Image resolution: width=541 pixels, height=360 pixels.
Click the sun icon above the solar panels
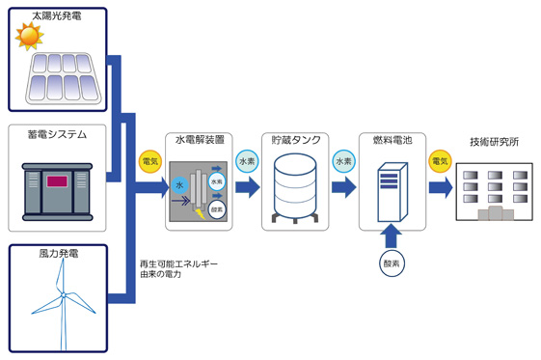click(28, 38)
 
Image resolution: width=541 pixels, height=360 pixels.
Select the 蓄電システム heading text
click(58, 134)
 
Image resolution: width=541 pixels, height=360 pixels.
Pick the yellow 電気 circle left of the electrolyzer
click(149, 161)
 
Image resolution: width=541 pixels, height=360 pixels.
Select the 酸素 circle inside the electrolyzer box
click(217, 208)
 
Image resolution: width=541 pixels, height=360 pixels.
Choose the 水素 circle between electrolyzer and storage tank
click(246, 161)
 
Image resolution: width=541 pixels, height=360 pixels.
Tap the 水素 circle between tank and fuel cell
click(343, 161)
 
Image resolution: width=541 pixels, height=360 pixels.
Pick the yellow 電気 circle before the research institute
click(440, 161)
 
